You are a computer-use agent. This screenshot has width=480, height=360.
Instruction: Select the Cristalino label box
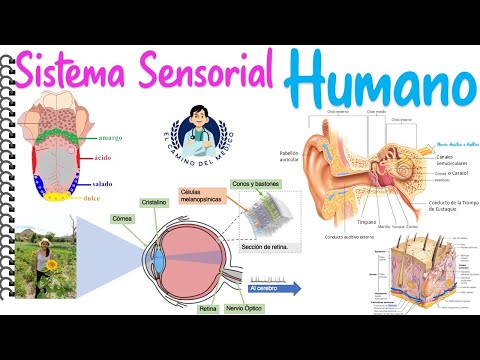(x=153, y=201)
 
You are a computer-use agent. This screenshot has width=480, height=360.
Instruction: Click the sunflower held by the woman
(x=42, y=266)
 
